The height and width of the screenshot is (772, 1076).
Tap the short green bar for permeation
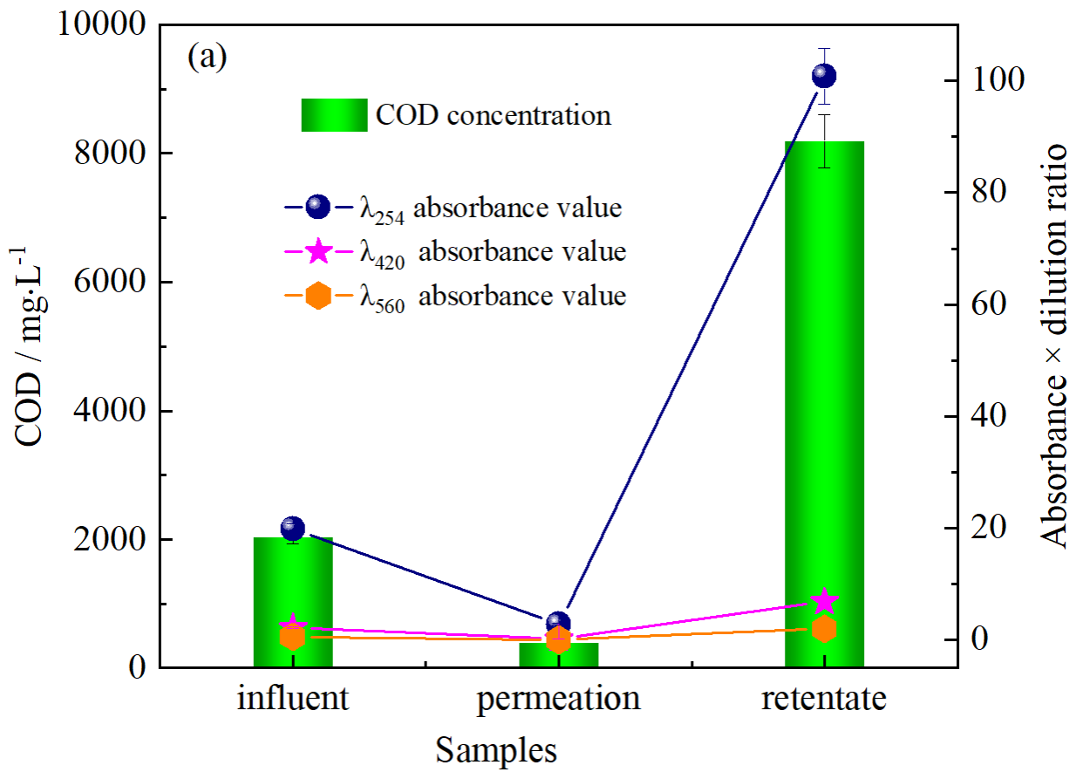(559, 655)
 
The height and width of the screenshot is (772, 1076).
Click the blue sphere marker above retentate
(824, 76)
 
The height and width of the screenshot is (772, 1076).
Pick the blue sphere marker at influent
(293, 528)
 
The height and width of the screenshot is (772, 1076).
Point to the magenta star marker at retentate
(824, 601)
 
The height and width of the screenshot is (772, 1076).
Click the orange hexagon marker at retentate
(824, 629)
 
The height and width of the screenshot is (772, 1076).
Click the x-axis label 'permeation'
(559, 700)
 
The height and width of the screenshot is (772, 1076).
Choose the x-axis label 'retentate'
(824, 700)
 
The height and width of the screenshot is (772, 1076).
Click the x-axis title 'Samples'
(496, 749)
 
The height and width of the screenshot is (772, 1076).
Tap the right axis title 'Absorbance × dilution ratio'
(1056, 346)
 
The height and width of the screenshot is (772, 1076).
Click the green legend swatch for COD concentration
(334, 115)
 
